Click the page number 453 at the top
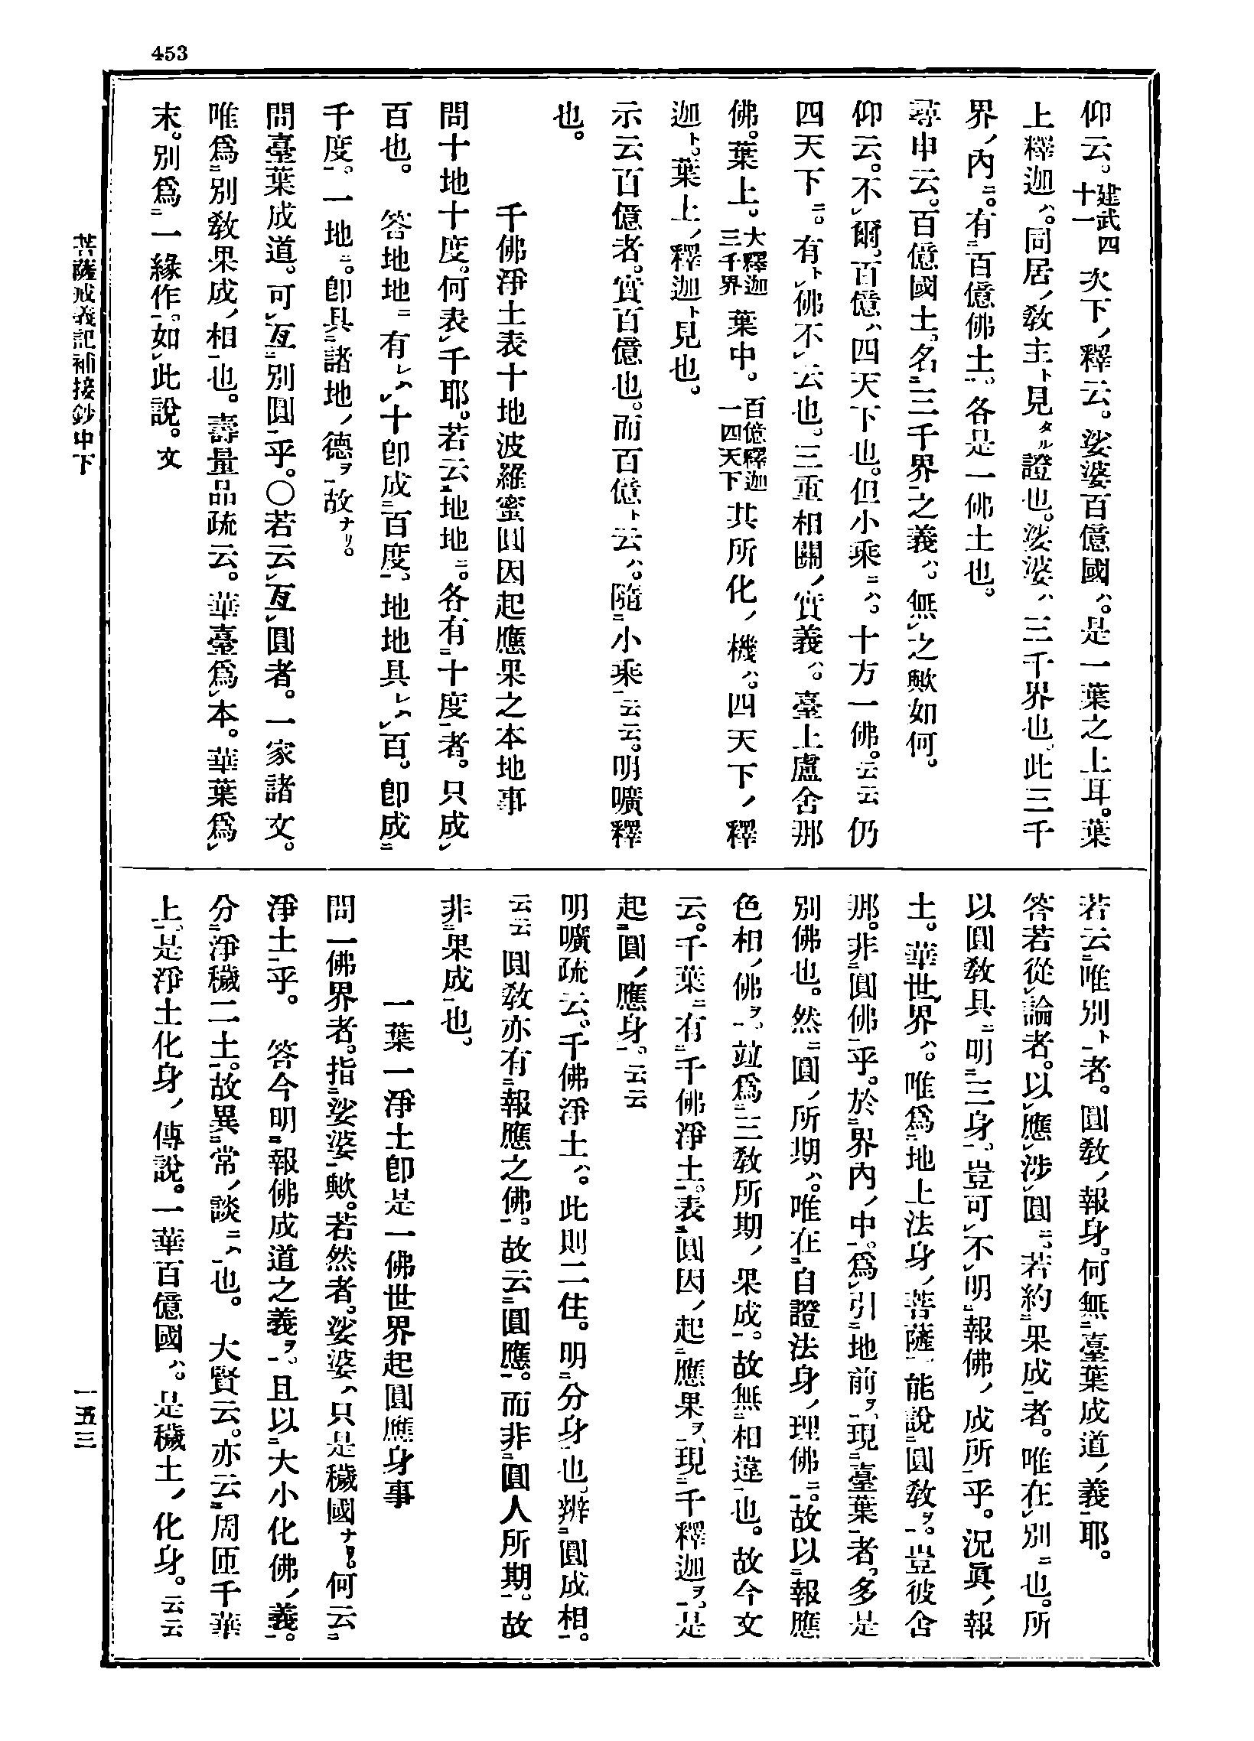tap(170, 53)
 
